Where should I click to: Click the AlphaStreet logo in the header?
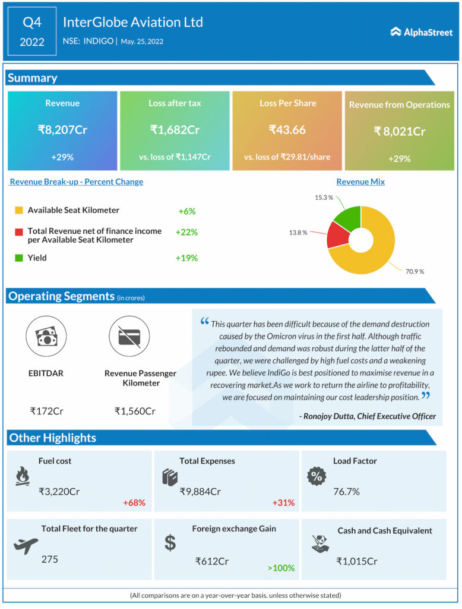coord(421,32)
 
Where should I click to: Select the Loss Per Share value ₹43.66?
coord(287,129)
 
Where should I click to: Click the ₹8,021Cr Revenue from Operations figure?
coord(400,131)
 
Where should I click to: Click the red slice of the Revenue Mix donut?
coord(337,235)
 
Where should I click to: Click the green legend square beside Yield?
coord(18,258)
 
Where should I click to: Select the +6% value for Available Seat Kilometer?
coord(186,211)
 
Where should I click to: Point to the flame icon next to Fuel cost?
coord(22,476)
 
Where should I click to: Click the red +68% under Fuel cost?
coord(134,503)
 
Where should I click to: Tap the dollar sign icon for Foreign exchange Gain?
coord(170,542)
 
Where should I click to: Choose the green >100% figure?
coord(281,568)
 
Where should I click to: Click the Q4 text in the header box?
coord(32,23)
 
